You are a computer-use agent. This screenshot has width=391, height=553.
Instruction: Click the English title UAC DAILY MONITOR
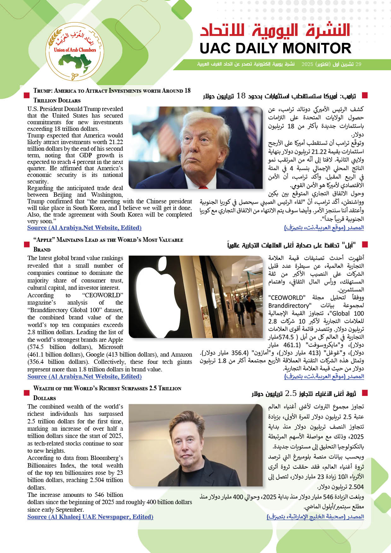pyautogui.click(x=275, y=49)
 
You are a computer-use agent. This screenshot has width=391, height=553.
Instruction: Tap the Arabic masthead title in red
pyautogui.click(x=275, y=30)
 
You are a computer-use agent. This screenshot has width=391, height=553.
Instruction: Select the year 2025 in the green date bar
pyautogui.click(x=307, y=64)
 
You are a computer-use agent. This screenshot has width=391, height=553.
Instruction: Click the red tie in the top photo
pyautogui.click(x=203, y=188)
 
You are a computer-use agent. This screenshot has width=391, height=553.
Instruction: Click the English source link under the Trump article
pyautogui.click(x=84, y=228)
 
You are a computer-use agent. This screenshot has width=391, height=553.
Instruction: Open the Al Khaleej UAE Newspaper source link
pyautogui.click(x=90, y=517)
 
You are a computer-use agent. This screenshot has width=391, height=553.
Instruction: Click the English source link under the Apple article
pyautogui.click(x=84, y=376)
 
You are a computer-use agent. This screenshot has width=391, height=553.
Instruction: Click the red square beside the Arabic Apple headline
pyautogui.click(x=365, y=244)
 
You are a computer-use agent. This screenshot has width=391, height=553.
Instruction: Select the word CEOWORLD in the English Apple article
pyautogui.click(x=103, y=295)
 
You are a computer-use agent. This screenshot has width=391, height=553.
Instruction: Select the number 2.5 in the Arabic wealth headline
pyautogui.click(x=291, y=393)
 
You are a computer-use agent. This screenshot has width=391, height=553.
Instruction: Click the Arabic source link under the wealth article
pyautogui.click(x=315, y=517)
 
